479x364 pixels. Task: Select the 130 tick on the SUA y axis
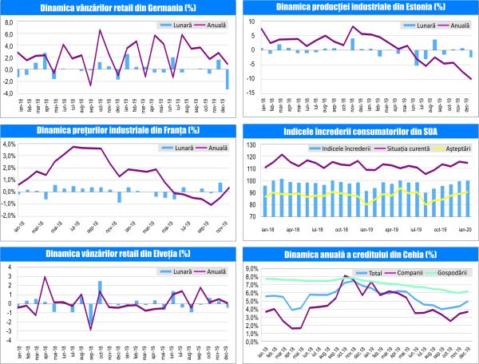pyautogui.click(x=250, y=145)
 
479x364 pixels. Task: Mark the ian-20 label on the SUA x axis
pyautogui.click(x=463, y=228)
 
